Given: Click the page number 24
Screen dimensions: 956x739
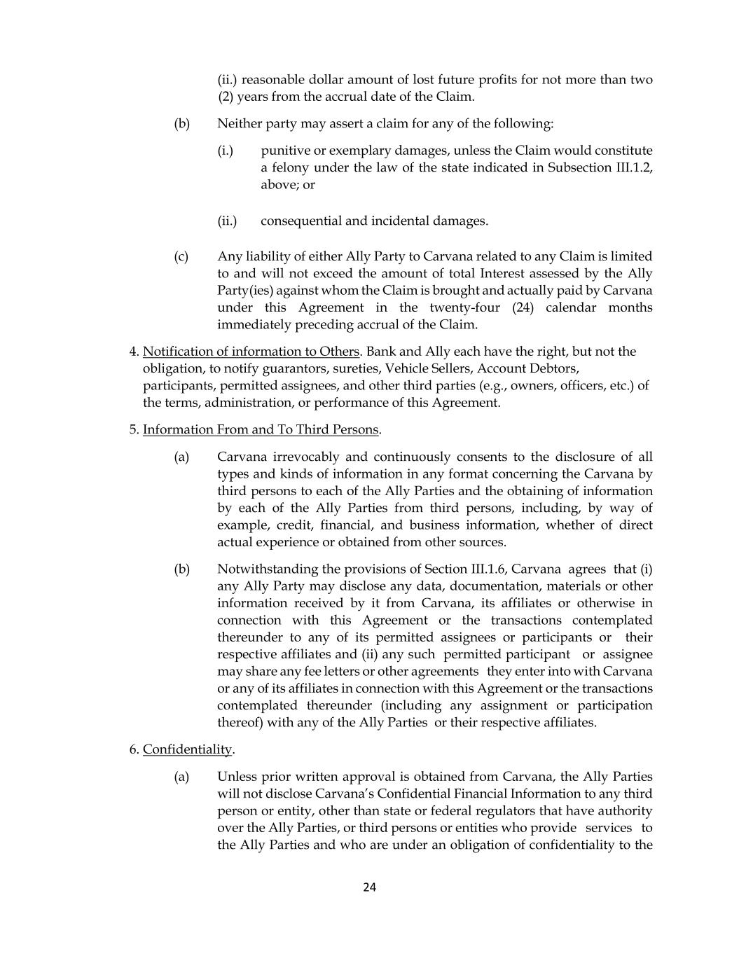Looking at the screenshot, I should pyautogui.click(x=370, y=887).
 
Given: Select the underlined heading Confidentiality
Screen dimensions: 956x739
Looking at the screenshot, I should pyautogui.click(x=187, y=749).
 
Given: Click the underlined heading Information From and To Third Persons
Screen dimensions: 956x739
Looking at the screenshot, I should pyautogui.click(x=261, y=429).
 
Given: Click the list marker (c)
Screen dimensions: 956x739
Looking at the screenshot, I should pyautogui.click(x=181, y=256).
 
